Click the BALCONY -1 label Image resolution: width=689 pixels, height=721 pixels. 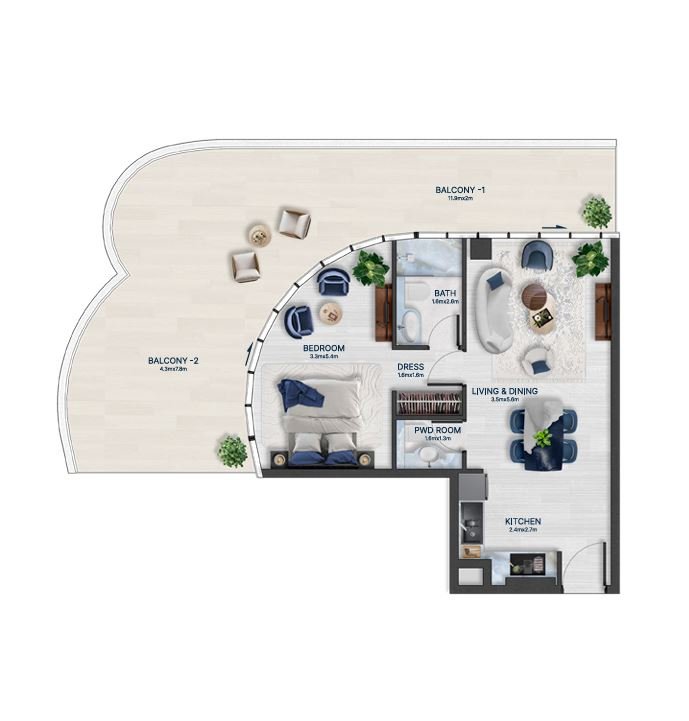(x=459, y=189)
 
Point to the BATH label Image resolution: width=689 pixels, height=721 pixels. (x=417, y=293)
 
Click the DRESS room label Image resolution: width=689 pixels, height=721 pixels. (x=410, y=367)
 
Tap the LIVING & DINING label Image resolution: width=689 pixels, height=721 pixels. (x=505, y=391)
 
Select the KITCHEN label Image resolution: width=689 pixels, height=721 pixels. (x=523, y=522)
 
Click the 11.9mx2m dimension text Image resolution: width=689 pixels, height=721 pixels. (x=459, y=198)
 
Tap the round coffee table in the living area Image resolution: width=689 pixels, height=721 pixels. (x=535, y=295)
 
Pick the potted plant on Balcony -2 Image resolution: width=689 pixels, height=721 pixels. (x=232, y=451)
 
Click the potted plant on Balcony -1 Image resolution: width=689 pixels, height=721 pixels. (x=597, y=211)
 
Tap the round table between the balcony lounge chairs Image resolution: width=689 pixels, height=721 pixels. (x=260, y=237)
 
